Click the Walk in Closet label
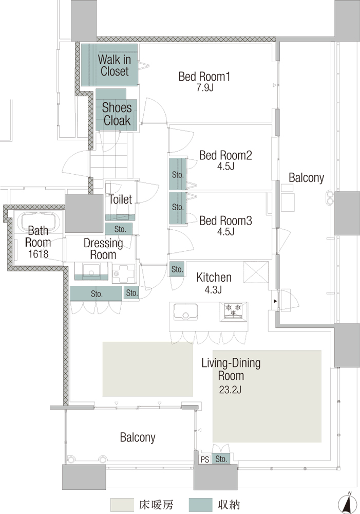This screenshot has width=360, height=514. click(115, 65)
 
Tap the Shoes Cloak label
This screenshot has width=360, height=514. click(117, 114)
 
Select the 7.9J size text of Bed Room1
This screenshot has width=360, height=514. click(205, 88)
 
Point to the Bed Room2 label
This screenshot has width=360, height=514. click(225, 155)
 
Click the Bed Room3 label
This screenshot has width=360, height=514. click(225, 221)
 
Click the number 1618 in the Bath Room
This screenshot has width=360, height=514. click(38, 254)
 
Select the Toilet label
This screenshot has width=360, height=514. click(121, 199)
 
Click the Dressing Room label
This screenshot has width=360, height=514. click(103, 249)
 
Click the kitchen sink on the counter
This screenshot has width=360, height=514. click(185, 311)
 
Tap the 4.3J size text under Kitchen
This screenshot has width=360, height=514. click(213, 290)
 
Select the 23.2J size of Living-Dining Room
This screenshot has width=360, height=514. click(230, 390)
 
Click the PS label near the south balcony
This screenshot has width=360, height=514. click(205, 460)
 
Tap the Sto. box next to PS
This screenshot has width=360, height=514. click(221, 459)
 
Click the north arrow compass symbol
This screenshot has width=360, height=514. click(349, 504)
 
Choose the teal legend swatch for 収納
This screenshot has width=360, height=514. click(200, 505)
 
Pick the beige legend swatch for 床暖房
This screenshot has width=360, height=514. click(122, 505)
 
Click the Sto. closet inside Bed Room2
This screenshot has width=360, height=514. click(178, 174)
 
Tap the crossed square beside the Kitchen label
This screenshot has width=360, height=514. click(256, 272)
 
